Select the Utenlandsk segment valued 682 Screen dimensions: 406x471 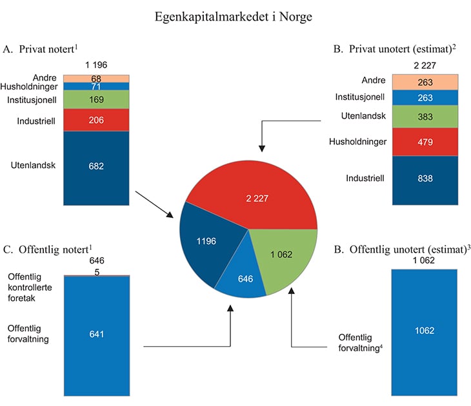tap(95, 166)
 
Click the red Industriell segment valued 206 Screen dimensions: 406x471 tap(95, 120)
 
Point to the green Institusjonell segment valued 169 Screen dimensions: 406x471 tap(95, 100)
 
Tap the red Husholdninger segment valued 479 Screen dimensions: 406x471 tap(425, 141)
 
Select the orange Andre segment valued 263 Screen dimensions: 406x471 tap(425, 82)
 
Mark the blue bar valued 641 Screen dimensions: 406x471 tap(95, 333)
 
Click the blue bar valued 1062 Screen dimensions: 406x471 tap(425, 331)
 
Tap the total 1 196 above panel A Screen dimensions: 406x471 tap(95, 65)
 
